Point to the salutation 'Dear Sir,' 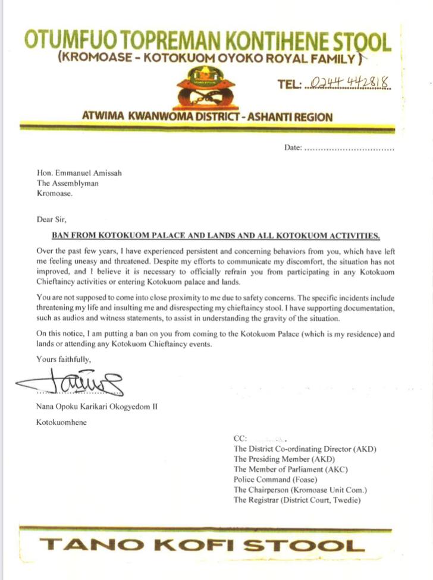click(x=52, y=219)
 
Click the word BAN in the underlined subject click(x=61, y=235)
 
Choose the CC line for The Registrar click(x=296, y=500)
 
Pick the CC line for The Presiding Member click(x=284, y=459)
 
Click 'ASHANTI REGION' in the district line click(x=290, y=116)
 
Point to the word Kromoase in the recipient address click(x=55, y=193)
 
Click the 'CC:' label click(x=240, y=439)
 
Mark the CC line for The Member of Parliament click(x=291, y=469)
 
